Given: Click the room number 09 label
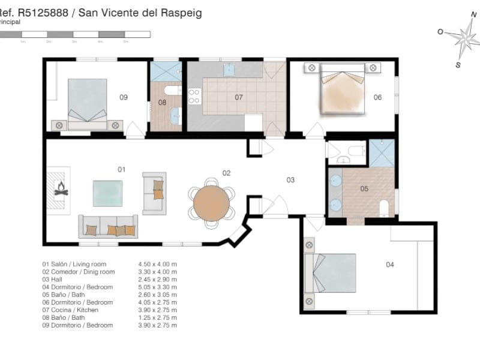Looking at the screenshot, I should (x=124, y=97).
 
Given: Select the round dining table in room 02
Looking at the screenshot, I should (x=211, y=204).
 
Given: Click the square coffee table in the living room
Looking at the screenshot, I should (x=107, y=193).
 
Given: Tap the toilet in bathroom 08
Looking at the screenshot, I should (x=173, y=91).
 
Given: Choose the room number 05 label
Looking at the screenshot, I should (x=364, y=188).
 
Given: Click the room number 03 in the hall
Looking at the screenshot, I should (x=290, y=179).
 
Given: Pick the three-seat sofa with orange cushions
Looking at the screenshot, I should (x=108, y=227).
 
